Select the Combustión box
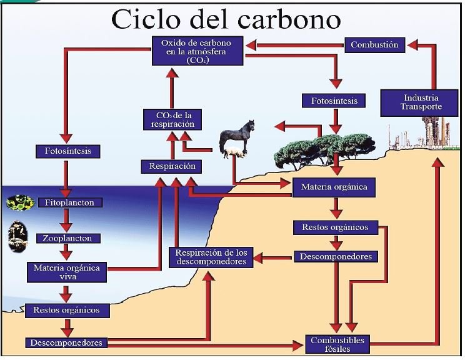[374, 44]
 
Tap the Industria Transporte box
[421, 102]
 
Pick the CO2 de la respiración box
[172, 119]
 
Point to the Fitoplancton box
[69, 203]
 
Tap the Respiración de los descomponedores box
[211, 257]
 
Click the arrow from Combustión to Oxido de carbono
[294, 44]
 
